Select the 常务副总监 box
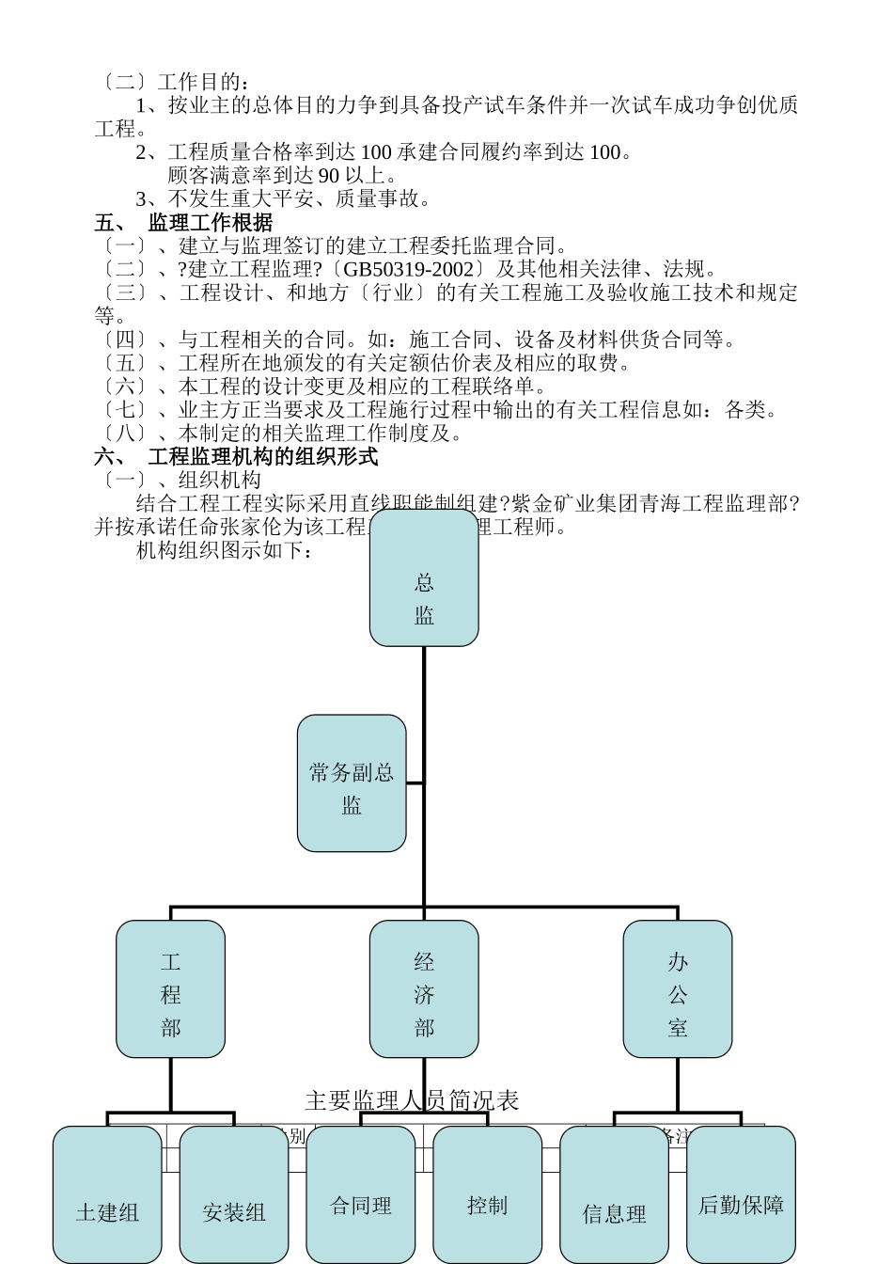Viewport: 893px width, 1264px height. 352,783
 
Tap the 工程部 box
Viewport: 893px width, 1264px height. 170,988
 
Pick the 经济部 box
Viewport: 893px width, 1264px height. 424,988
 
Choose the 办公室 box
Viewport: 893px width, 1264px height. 678,988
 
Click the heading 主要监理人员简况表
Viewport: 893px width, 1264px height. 412,1100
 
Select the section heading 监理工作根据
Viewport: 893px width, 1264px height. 211,223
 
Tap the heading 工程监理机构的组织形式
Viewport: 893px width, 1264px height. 263,457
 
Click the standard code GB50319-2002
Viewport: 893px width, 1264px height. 408,270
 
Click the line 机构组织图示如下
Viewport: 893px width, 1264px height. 224,551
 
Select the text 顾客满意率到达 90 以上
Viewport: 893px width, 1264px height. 282,176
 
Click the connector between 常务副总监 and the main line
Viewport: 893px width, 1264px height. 415,782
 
